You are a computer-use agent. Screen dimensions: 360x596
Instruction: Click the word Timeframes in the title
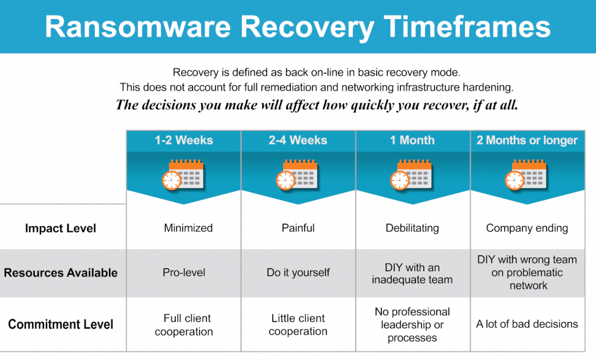[x=467, y=27]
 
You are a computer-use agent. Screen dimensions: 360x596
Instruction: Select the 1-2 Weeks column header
[x=184, y=141]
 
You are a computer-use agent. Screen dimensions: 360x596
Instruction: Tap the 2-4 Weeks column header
[x=298, y=141]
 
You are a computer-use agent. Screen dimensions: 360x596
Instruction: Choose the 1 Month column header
[x=412, y=141]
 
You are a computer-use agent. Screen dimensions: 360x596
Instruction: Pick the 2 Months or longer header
[x=527, y=141]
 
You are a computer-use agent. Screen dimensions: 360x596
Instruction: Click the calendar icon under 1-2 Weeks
[x=184, y=174]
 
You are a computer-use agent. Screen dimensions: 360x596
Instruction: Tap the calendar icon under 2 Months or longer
[x=527, y=174]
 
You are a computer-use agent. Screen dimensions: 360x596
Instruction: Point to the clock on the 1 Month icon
[x=400, y=180]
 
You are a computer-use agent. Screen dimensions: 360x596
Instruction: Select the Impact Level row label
[x=60, y=228]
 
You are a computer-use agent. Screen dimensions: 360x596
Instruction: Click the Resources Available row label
[x=61, y=273]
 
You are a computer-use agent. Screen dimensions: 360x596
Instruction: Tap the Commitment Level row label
[x=61, y=325]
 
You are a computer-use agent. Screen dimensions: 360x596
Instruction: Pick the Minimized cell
[x=188, y=228]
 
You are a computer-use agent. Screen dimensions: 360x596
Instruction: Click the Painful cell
[x=298, y=228]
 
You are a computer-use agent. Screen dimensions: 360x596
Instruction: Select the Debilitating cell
[x=412, y=228]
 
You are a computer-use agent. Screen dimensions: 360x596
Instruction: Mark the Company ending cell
[x=527, y=228]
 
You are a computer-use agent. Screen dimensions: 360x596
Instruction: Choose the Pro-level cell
[x=184, y=272]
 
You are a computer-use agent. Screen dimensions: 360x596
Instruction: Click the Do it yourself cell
[x=298, y=272]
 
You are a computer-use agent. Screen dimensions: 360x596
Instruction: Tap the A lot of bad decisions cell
[x=527, y=324]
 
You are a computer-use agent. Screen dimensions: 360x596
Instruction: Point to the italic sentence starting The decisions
[x=317, y=105]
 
